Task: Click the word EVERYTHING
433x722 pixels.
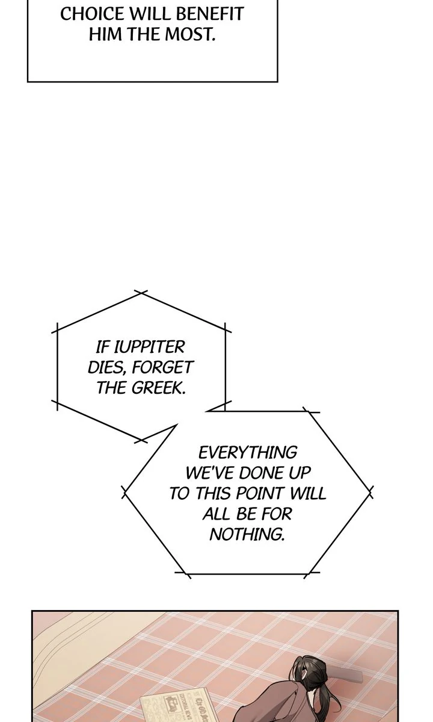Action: pyautogui.click(x=248, y=452)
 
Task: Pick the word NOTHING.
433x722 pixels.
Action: pyautogui.click(x=247, y=534)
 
